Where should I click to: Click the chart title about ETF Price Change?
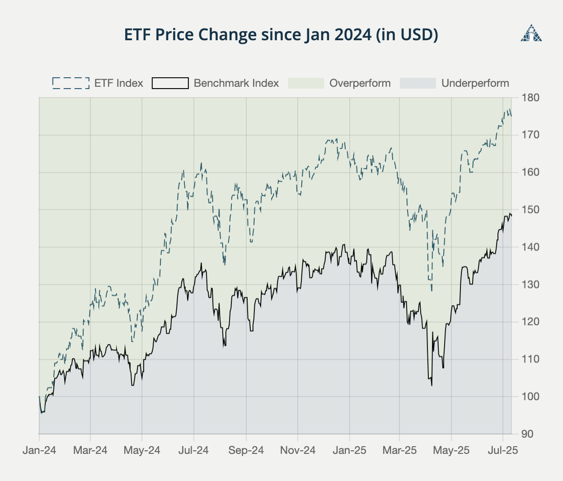point(281,35)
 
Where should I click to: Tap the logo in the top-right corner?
point(531,33)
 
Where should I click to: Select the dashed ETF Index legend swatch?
point(71,83)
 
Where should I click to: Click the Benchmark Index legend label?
point(236,83)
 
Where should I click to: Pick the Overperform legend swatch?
point(306,83)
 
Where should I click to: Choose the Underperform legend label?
point(475,83)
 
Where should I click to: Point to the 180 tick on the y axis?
point(530,98)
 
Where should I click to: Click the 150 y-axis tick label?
point(530,210)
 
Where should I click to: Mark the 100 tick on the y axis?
point(530,396)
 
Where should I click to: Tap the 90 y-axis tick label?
point(528,434)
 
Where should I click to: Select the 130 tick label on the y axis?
point(530,284)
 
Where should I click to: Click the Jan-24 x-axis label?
point(39,450)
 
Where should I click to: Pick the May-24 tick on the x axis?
point(142,450)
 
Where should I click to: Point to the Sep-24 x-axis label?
point(246,450)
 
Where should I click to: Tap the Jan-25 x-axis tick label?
point(349,450)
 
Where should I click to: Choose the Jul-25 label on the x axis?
point(503,450)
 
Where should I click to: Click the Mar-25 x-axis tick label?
point(399,450)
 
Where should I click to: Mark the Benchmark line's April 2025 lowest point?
point(432,386)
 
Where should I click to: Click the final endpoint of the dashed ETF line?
point(511,116)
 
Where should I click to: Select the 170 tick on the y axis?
point(530,135)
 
